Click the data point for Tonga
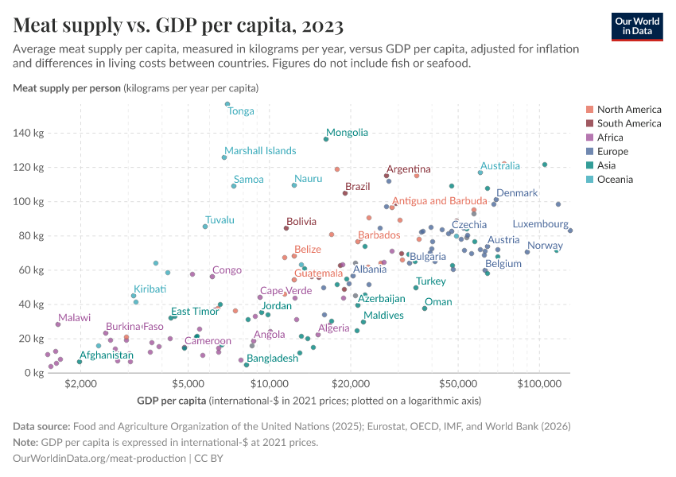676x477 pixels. point(227,104)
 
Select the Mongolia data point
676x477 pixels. point(326,139)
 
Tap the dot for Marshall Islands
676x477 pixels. point(224,157)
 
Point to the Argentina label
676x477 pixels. point(409,169)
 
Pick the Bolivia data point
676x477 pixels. point(286,228)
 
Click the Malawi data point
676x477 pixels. point(58,324)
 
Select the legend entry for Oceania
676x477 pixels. point(615,180)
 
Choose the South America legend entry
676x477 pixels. point(628,124)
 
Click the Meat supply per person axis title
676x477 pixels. point(68,87)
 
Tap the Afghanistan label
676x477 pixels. point(106,355)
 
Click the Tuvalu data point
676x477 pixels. point(205,227)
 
